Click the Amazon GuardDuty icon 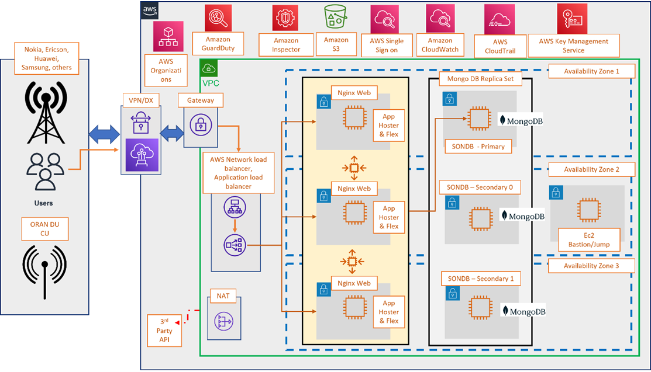pyautogui.click(x=218, y=18)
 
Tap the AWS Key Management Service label pyautogui.click(x=573, y=46)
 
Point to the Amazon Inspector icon pyautogui.click(x=286, y=18)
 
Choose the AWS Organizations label pyautogui.click(x=166, y=70)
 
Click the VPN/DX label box pyautogui.click(x=142, y=100)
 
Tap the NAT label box pyautogui.click(x=223, y=296)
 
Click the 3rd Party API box pyautogui.click(x=166, y=332)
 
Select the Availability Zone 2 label pyautogui.click(x=591, y=169)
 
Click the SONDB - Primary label pyautogui.click(x=478, y=146)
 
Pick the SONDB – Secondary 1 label pyautogui.click(x=481, y=279)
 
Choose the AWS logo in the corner pyautogui.click(x=149, y=10)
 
